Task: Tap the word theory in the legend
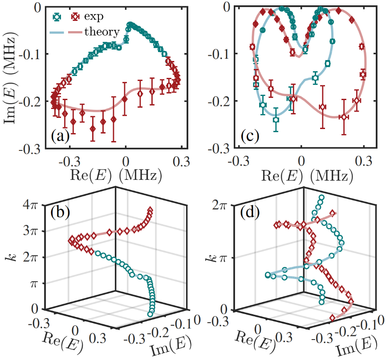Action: (102, 32)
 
